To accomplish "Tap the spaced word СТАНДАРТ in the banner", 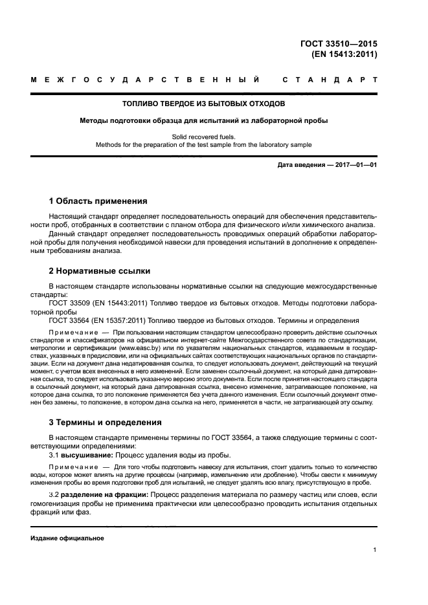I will coord(330,81).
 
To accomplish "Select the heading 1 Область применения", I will coord(98,201).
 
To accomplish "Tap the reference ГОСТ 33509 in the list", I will coord(71,302).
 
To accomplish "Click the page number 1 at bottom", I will coord(375,550).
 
